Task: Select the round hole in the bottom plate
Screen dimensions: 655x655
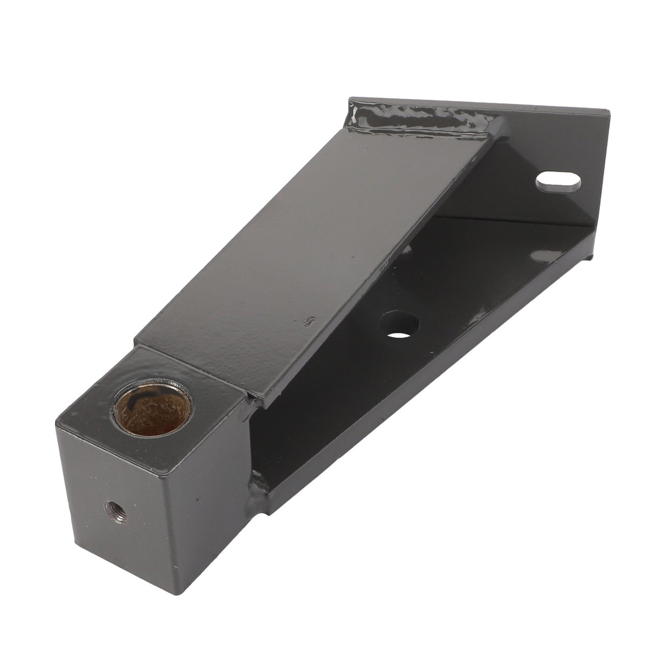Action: pos(399,325)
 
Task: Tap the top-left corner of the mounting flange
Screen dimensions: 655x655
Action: pos(351,98)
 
